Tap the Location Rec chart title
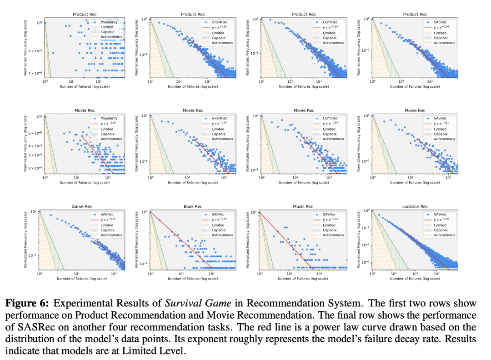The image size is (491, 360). click(x=415, y=206)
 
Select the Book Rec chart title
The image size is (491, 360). click(x=193, y=206)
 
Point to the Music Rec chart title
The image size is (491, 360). click(x=304, y=206)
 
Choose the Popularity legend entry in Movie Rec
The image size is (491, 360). click(x=109, y=118)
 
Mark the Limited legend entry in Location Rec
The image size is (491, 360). click(x=440, y=225)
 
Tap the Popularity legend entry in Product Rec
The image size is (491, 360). click(x=109, y=22)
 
